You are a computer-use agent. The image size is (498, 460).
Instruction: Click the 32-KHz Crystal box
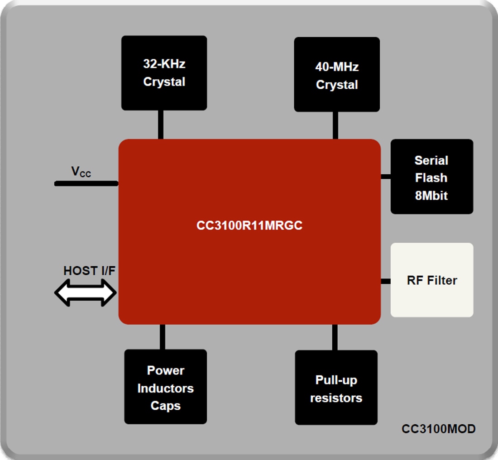[x=164, y=73]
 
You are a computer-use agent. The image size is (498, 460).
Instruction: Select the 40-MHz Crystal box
[x=337, y=75]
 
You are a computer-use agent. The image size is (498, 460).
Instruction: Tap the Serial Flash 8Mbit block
[x=431, y=177]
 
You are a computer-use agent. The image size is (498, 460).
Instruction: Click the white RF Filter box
[x=431, y=280]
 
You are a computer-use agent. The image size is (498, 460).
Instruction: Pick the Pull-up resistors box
[x=336, y=388]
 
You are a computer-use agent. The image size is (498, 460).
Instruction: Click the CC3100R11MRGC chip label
[x=249, y=225]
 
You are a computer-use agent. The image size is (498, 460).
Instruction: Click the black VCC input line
[x=86, y=183]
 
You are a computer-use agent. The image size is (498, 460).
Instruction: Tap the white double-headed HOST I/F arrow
[x=86, y=292]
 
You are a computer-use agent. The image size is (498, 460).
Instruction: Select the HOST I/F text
[x=89, y=271]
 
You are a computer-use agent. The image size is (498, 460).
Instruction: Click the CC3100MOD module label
[x=438, y=429]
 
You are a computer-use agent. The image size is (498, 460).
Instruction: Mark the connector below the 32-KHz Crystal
[x=161, y=125]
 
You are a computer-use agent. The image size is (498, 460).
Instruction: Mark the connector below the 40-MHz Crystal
[x=335, y=125]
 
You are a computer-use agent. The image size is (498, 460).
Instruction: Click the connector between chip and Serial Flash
[x=386, y=176]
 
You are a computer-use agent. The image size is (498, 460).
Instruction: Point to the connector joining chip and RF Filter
[x=386, y=281]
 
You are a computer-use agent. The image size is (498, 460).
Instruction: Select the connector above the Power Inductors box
[x=162, y=337]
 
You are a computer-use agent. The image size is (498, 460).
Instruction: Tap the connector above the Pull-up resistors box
[x=335, y=337]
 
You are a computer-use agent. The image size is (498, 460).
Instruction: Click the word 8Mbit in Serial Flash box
[x=431, y=195]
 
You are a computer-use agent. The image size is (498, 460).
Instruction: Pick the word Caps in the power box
[x=165, y=406]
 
